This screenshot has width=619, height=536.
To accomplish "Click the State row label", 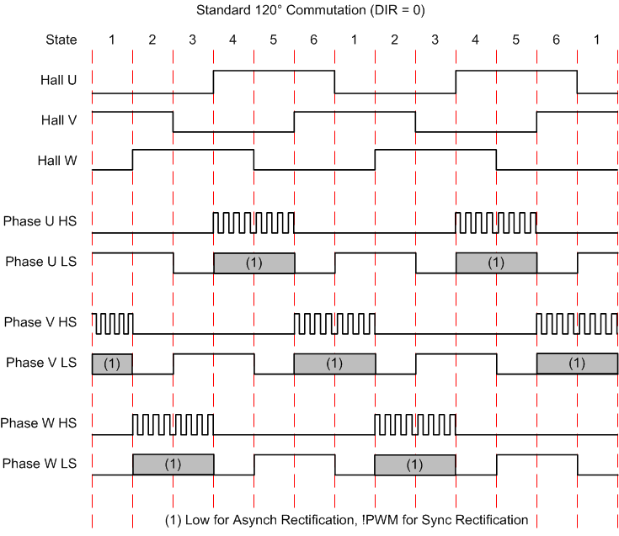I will click(61, 40).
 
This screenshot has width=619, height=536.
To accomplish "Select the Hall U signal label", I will click(59, 80).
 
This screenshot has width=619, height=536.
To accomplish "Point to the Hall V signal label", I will click(59, 119).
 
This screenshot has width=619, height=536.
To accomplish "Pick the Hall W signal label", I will click(58, 160).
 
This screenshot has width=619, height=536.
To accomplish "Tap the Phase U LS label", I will click(41, 262).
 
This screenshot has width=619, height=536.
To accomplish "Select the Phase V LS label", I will click(41, 363).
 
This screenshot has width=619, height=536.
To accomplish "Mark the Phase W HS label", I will click(40, 423).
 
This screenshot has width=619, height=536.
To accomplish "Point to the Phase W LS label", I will click(40, 464).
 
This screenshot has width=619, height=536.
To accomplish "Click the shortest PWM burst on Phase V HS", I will click(112, 323).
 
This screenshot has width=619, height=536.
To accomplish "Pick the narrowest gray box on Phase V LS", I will click(112, 364).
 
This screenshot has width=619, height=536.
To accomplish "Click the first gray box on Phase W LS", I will click(173, 464).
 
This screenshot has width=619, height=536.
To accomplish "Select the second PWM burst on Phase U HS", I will click(496, 223).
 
